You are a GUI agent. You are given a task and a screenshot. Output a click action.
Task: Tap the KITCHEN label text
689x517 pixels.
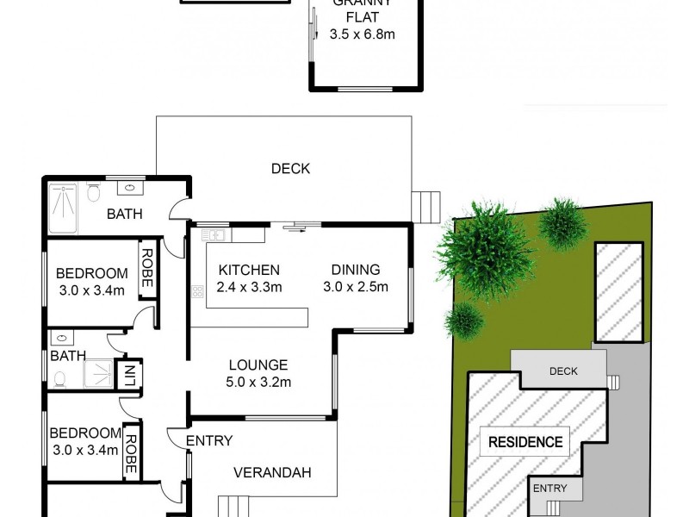tap(249, 269)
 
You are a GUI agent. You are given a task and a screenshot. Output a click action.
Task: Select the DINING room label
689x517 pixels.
tap(356, 269)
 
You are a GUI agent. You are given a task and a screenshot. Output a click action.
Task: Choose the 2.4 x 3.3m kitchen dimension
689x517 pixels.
tap(249, 287)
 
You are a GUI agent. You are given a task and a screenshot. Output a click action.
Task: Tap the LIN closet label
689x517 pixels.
tap(127, 374)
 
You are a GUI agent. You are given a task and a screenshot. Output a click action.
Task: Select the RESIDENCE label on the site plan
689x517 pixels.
tap(525, 443)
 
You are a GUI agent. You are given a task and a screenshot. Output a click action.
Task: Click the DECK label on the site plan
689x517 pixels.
tap(563, 371)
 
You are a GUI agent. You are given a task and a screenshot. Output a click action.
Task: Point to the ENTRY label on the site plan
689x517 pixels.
tap(550, 489)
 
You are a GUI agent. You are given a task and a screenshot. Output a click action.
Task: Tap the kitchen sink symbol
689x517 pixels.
tap(213, 234)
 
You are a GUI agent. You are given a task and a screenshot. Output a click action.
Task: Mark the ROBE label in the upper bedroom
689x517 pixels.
tap(147, 268)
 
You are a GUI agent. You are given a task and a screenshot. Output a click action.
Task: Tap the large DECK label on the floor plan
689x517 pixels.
tap(290, 169)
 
